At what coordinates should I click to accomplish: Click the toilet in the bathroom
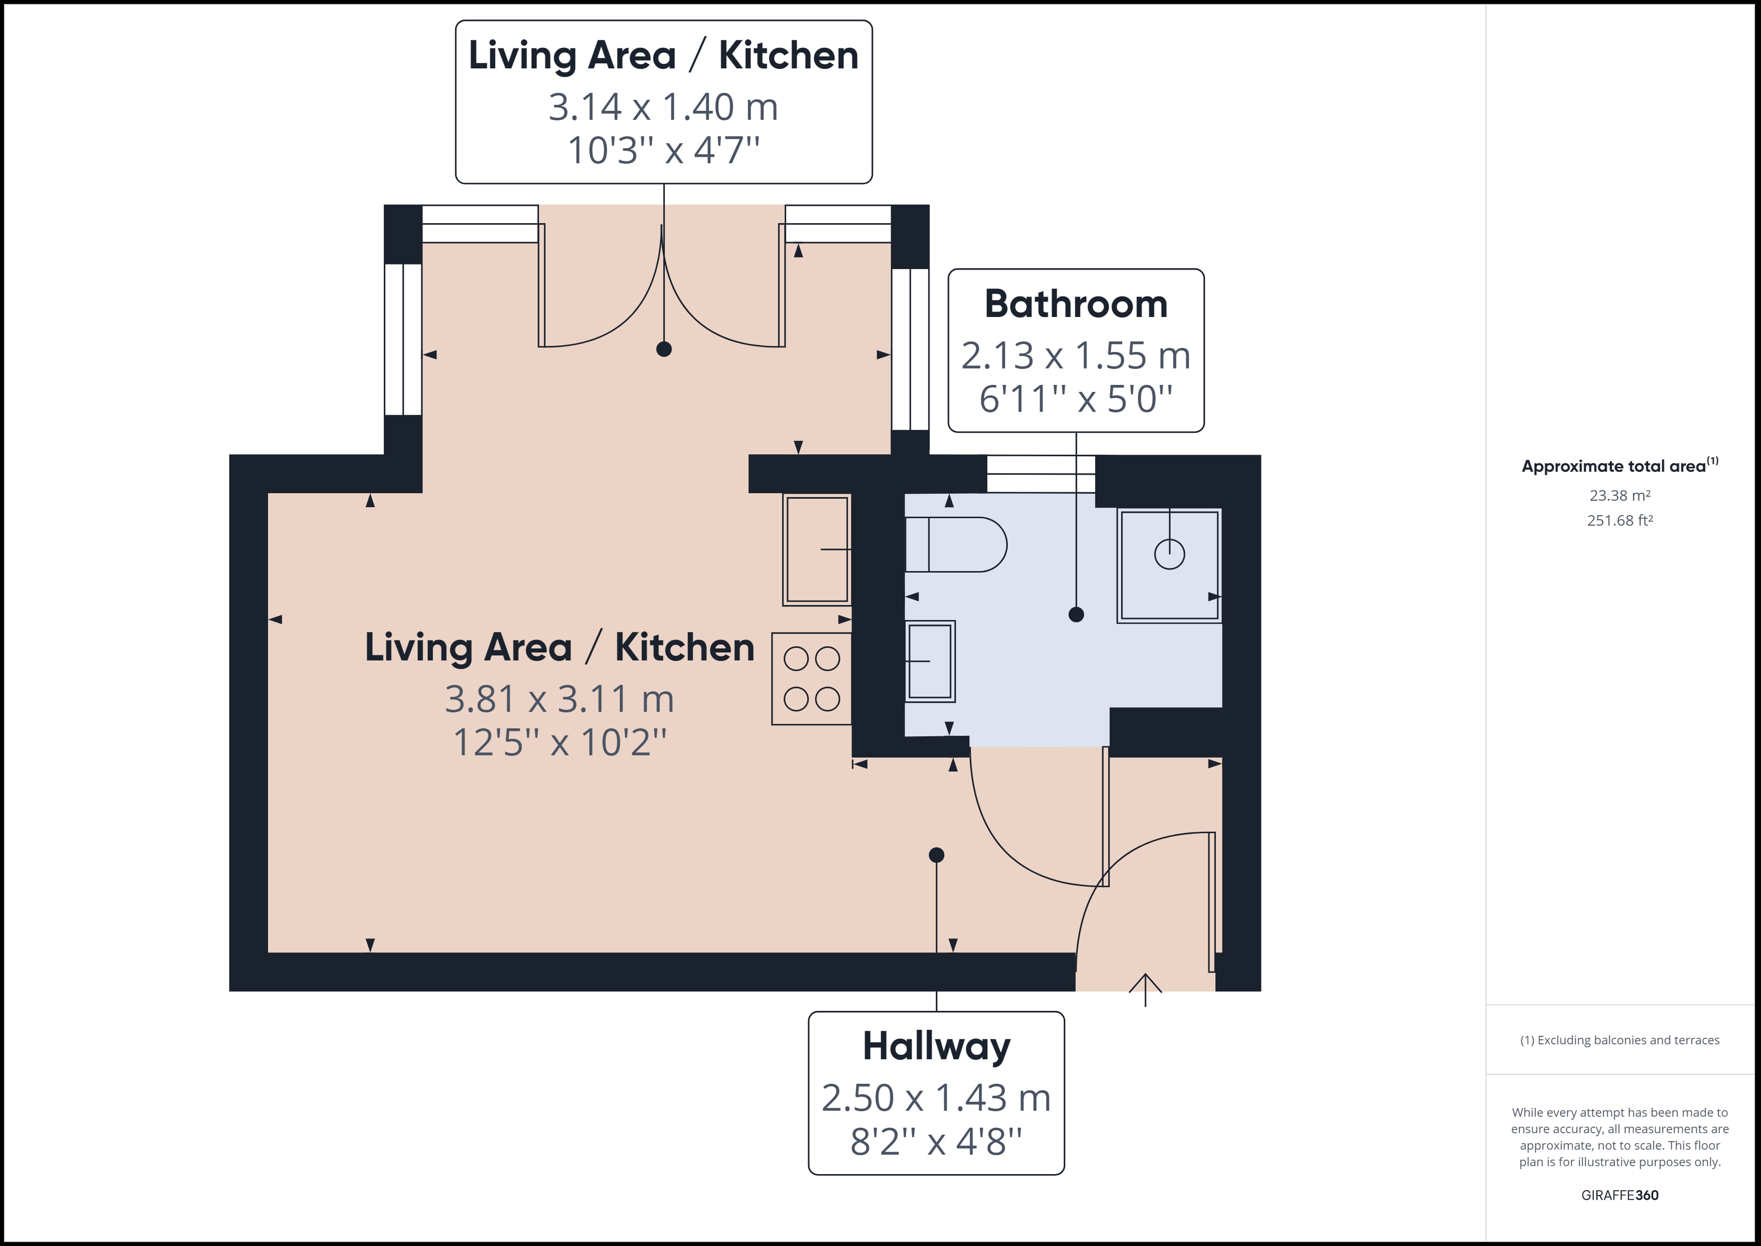[x=956, y=544]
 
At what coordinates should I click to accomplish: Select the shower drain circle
[x=1170, y=554]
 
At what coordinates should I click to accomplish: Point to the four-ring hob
[x=812, y=679]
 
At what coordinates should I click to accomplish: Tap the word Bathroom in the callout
[x=1076, y=304]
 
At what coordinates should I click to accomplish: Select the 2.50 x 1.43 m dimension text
[x=936, y=1098]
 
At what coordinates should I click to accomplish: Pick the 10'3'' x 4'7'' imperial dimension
[x=663, y=150]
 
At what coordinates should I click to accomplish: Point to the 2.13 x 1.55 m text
[x=1076, y=355]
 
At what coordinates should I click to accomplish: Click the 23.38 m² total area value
[x=1620, y=496]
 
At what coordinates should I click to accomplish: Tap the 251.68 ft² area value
[x=1620, y=520]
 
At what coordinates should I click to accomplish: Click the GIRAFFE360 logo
[x=1620, y=1195]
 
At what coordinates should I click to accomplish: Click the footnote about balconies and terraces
[x=1620, y=1040]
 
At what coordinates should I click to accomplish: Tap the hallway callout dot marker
[x=936, y=855]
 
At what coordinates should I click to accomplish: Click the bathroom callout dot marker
[x=1076, y=615]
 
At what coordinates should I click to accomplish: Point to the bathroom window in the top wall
[x=1041, y=473]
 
